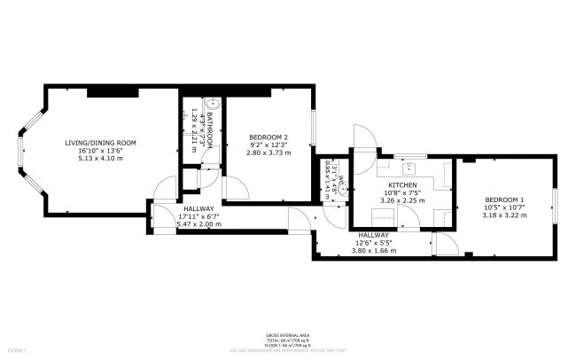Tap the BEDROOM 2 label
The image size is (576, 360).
[269, 137]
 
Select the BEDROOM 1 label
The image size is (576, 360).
[502, 200]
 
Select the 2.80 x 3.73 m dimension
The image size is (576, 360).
[269, 153]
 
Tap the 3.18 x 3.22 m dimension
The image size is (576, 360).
[502, 215]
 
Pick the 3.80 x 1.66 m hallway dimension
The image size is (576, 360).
[376, 250]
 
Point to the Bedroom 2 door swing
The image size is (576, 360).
[236, 187]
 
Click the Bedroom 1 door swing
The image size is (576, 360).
[446, 247]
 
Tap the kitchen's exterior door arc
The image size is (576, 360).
[364, 136]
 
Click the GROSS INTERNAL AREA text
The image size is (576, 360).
[288, 336]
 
